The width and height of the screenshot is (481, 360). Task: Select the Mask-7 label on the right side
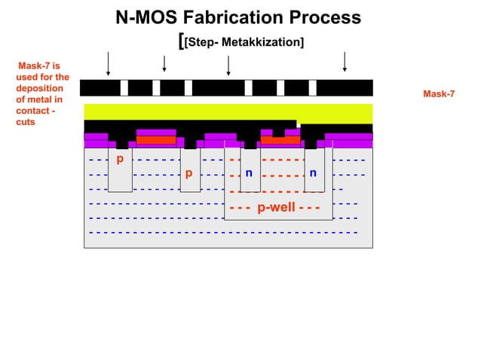[x=438, y=94]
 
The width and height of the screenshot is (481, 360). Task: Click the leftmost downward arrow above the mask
[x=109, y=64]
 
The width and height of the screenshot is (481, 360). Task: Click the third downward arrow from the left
[x=228, y=64]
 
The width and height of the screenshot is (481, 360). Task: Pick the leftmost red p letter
[x=119, y=159]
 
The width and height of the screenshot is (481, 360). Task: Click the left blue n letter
[x=249, y=174]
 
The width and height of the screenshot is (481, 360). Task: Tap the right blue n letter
[x=312, y=174]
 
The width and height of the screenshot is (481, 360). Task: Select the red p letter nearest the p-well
[x=188, y=174]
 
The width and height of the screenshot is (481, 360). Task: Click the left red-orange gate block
[x=156, y=139]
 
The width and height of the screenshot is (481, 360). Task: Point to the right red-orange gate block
[x=280, y=139]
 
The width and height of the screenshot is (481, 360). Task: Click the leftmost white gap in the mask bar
[x=124, y=88]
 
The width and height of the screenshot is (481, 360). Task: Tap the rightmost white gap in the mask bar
[x=311, y=88]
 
